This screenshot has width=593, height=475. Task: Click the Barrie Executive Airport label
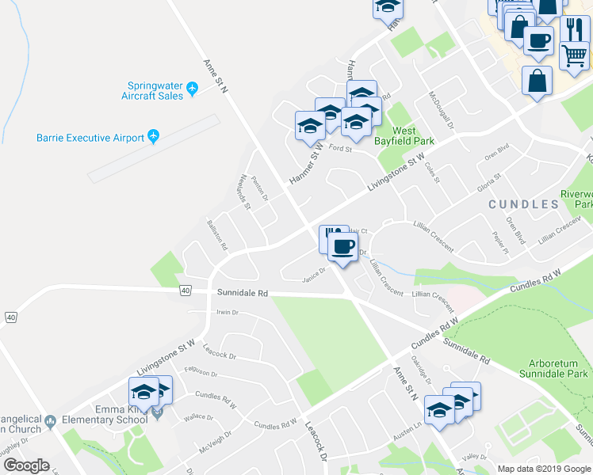coord(90,137)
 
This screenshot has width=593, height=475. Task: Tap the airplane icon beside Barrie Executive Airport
coord(153,137)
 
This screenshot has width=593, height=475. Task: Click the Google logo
coord(25,465)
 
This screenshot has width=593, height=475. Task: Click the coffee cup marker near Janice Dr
coord(342,248)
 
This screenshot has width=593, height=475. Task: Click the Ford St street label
coord(340,148)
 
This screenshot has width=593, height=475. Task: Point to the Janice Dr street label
coord(314,278)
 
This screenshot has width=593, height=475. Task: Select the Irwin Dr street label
coord(227,313)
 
